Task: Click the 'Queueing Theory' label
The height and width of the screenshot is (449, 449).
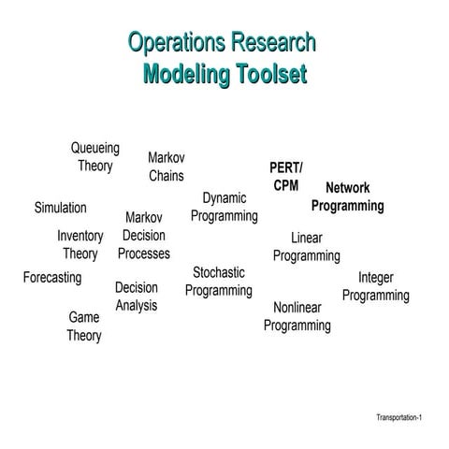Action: tap(95, 157)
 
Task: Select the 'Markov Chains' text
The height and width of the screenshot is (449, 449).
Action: tap(167, 167)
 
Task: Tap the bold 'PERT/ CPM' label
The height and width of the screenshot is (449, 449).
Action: tap(286, 177)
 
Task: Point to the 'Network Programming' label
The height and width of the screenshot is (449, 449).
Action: tap(348, 197)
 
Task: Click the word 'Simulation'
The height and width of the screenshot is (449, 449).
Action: tap(61, 208)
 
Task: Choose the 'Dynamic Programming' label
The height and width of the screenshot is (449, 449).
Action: tap(224, 207)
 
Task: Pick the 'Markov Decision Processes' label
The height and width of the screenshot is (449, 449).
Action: tap(144, 236)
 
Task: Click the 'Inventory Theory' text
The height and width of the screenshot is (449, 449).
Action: tap(80, 245)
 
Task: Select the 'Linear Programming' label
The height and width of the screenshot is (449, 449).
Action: tap(307, 247)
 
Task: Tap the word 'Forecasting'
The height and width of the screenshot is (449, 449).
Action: tap(52, 278)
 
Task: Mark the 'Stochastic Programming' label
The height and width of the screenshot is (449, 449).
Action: tap(219, 282)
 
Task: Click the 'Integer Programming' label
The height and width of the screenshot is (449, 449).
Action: tap(376, 287)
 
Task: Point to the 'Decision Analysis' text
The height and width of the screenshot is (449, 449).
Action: tap(137, 297)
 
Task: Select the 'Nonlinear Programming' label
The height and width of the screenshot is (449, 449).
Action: tap(297, 317)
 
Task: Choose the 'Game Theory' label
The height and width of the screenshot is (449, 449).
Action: tap(84, 326)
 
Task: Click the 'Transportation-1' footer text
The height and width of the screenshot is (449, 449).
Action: tap(399, 417)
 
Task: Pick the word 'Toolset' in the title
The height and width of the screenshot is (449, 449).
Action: tap(272, 74)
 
